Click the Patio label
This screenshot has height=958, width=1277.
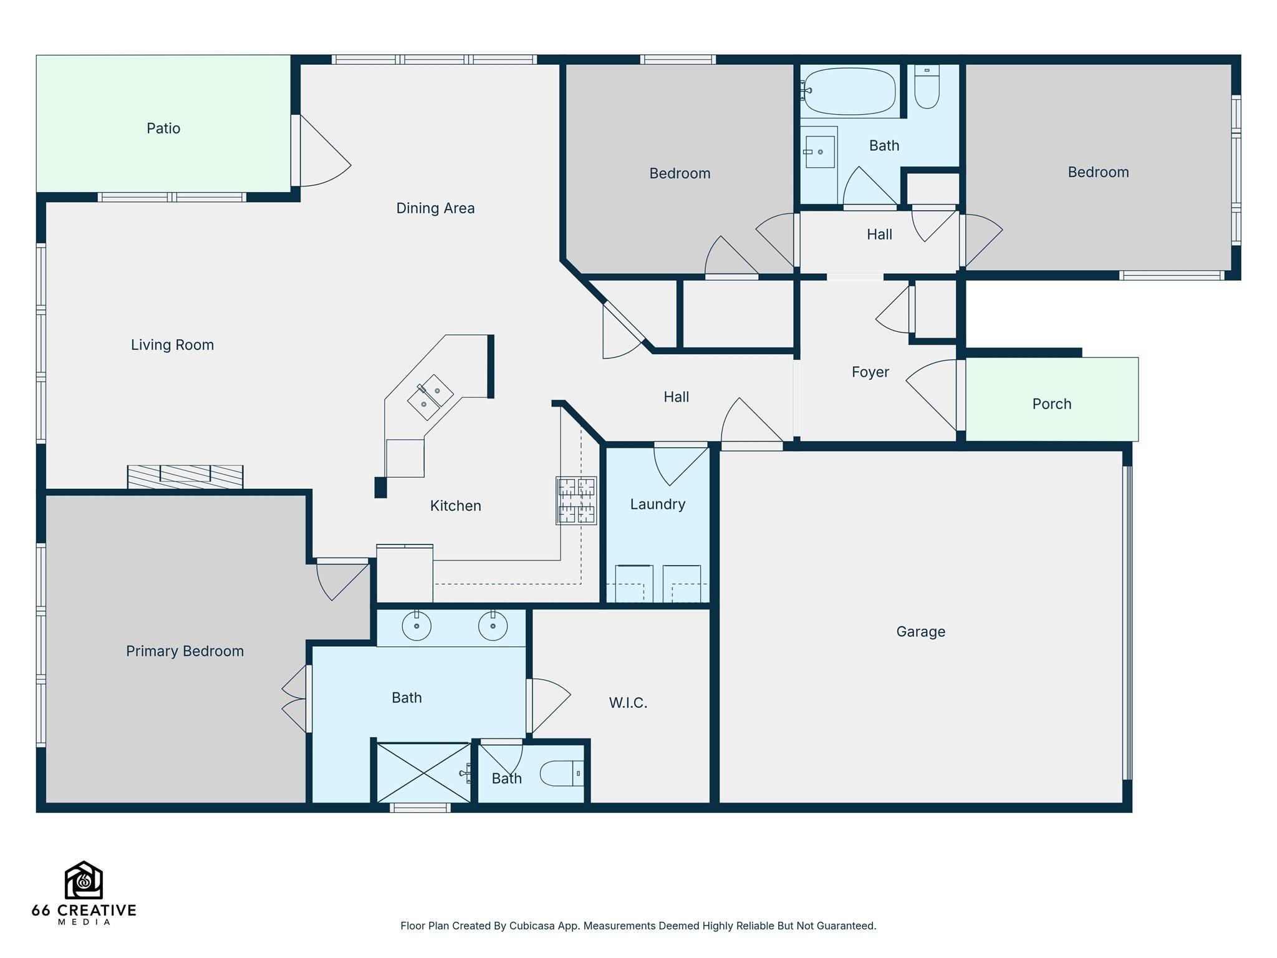click(x=163, y=128)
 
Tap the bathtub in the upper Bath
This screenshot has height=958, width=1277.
click(x=849, y=91)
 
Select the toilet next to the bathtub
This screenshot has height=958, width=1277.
click(x=927, y=87)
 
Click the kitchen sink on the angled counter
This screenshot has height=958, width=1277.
click(x=430, y=398)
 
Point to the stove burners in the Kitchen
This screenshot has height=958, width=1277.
click(x=576, y=500)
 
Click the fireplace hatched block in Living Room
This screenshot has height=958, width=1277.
click(x=185, y=477)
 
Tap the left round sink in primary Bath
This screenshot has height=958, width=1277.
click(x=417, y=626)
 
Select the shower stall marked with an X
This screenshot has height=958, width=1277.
click(x=423, y=773)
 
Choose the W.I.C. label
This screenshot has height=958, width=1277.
click(x=628, y=703)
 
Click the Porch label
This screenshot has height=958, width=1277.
click(x=1051, y=404)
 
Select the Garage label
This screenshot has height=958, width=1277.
click(x=920, y=632)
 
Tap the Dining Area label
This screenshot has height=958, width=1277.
click(x=435, y=208)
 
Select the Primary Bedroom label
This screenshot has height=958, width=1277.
click(x=185, y=651)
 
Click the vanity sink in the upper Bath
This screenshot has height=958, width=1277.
click(x=820, y=152)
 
